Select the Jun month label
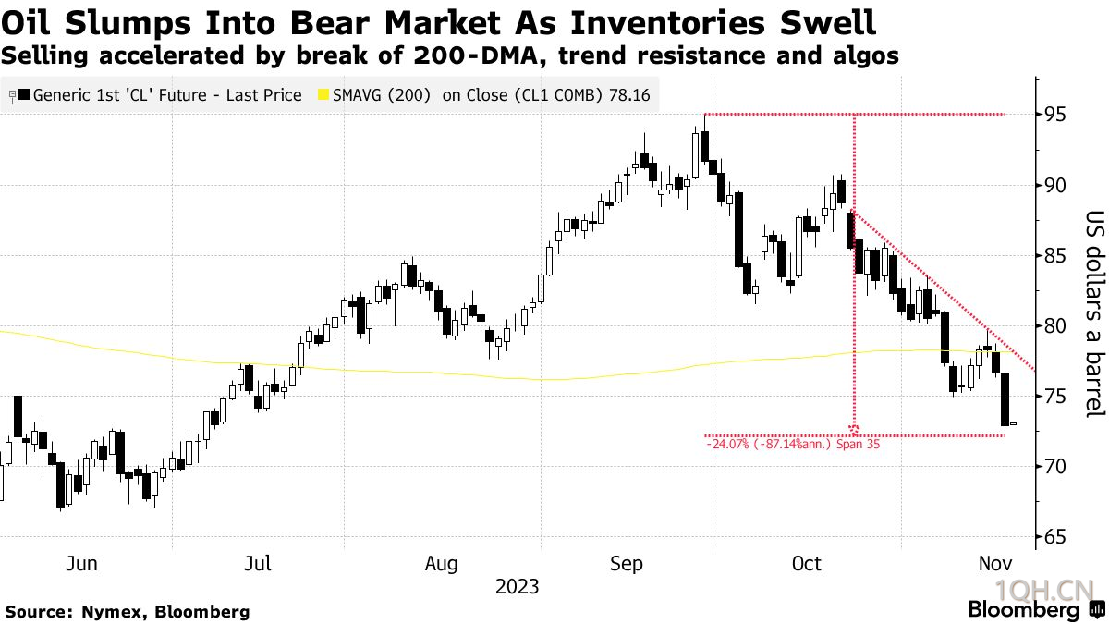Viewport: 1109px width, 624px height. click(x=82, y=563)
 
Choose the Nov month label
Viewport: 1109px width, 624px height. click(x=994, y=563)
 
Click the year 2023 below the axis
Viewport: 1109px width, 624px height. click(x=517, y=587)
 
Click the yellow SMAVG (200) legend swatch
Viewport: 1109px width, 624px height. click(x=323, y=94)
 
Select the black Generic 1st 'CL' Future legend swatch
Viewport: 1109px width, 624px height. click(x=24, y=94)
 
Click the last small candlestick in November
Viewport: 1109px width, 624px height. click(x=1014, y=424)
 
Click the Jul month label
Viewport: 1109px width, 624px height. click(x=259, y=563)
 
